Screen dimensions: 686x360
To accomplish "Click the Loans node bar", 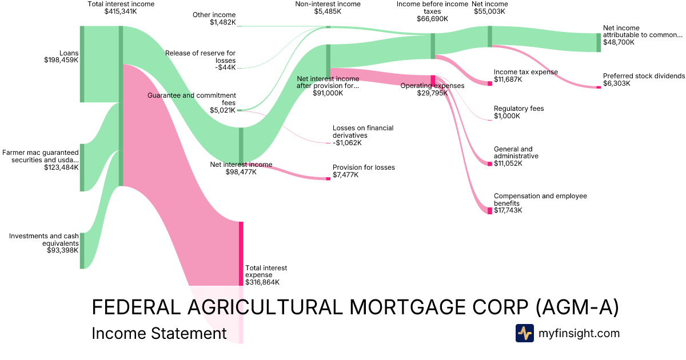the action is coord(82,64).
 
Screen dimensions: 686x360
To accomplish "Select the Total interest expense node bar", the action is coord(241,253).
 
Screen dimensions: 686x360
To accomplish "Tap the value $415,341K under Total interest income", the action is coord(121,11).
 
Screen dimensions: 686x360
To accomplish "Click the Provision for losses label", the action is coord(364,167).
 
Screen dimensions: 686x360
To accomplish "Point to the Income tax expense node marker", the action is coord(490,83).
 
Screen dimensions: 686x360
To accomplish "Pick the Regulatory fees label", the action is coord(519,109).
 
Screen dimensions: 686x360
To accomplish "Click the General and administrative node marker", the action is coord(490,164).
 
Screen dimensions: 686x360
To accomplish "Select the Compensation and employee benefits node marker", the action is coord(490,211).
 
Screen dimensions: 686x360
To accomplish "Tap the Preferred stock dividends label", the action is coord(643,76).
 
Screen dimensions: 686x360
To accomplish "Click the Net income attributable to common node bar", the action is coord(599,43).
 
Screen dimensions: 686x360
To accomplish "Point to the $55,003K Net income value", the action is coord(489,11).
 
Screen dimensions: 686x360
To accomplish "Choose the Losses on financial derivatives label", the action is coord(363,132).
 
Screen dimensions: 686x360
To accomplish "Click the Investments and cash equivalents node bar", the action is coord(82,250).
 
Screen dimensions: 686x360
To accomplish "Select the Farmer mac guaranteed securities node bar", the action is coord(82,167).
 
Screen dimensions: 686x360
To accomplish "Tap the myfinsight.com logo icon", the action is coord(525,333).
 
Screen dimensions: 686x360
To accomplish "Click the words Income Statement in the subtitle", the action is coord(159,334).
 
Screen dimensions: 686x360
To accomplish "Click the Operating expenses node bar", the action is coord(433,79).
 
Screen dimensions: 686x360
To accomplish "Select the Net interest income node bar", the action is coord(241,146).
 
